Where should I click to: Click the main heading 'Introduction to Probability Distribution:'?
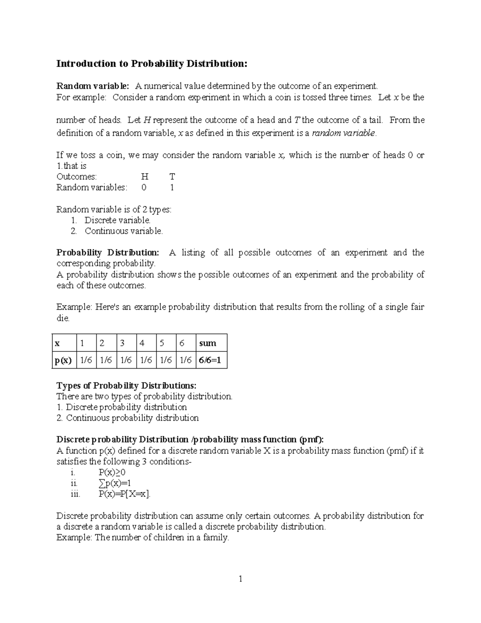click(x=152, y=63)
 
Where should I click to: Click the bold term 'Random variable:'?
click(x=93, y=86)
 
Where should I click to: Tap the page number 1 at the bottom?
click(x=240, y=578)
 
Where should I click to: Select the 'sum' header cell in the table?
click(x=207, y=343)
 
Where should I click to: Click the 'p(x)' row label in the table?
click(x=63, y=360)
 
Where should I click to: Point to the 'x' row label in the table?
click(x=57, y=343)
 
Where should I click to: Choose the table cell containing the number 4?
click(x=142, y=343)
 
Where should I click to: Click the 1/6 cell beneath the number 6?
click(x=186, y=360)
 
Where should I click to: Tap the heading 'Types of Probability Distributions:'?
click(x=126, y=386)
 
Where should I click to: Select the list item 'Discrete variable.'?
click(x=117, y=220)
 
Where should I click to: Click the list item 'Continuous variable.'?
click(x=123, y=231)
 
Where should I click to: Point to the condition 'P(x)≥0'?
click(x=112, y=472)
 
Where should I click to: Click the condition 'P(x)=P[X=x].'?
click(x=125, y=494)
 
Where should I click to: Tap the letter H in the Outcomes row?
click(x=145, y=177)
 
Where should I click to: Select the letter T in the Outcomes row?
click(x=172, y=177)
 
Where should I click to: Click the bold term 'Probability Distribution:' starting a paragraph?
click(x=107, y=253)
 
